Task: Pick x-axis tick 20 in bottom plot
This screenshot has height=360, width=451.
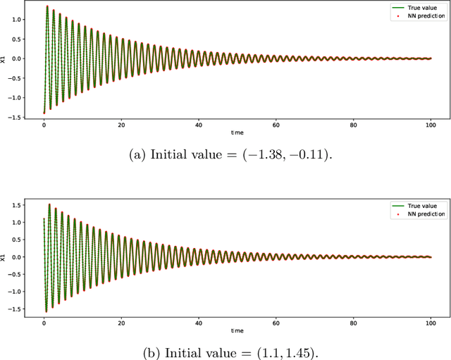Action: click(121, 322)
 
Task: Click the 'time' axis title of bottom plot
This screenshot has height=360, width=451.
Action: click(237, 330)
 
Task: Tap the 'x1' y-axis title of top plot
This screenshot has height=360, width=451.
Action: click(4, 60)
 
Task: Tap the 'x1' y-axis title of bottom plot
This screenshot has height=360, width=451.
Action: click(4, 258)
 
